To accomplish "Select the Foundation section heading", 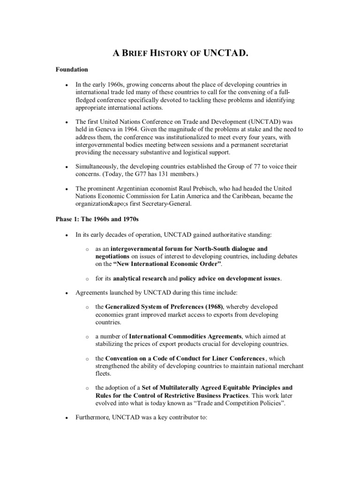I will (x=72, y=69).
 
